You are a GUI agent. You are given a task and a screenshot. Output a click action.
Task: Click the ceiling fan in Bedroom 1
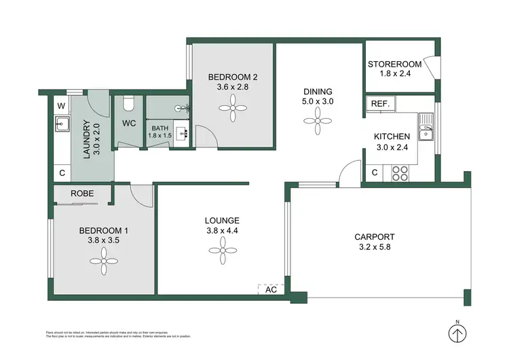click(x=105, y=257)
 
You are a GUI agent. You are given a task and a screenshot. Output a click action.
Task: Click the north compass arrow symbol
click(x=459, y=334)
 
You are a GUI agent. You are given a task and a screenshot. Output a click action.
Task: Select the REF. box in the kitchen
click(x=379, y=103)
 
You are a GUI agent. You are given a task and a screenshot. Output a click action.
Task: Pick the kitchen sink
click(x=426, y=128)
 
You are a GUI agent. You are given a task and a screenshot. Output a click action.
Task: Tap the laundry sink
click(x=61, y=124)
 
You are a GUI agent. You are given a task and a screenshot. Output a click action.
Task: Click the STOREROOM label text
click(x=394, y=65)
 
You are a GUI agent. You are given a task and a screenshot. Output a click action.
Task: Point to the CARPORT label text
click(x=374, y=237)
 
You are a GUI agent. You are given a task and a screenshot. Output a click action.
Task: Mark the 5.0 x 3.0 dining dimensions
click(x=318, y=102)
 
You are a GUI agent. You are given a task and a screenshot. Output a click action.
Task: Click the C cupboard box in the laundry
click(x=61, y=173)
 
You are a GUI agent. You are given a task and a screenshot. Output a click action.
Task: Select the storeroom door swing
click(x=428, y=68)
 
